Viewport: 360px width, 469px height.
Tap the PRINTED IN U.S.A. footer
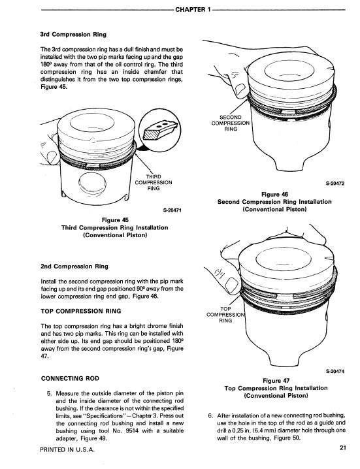point(70,450)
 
